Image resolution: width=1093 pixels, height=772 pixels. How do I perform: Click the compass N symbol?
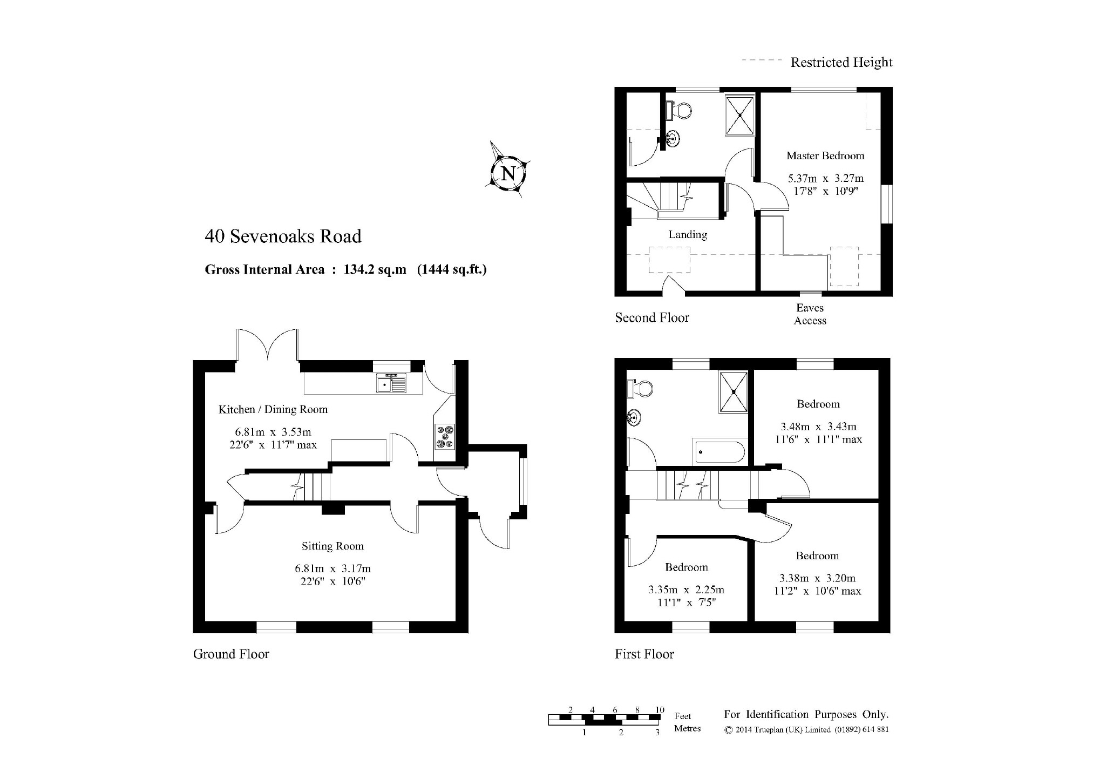pyautogui.click(x=508, y=174)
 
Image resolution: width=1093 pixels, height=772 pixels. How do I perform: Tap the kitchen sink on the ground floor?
pyautogui.click(x=392, y=383)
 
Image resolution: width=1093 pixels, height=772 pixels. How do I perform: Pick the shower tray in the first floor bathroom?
pyautogui.click(x=734, y=392)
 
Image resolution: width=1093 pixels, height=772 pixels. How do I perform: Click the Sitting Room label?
pyautogui.click(x=332, y=546)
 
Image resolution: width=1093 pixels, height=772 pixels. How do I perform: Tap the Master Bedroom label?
pyautogui.click(x=825, y=155)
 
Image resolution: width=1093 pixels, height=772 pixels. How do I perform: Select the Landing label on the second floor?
pyautogui.click(x=688, y=234)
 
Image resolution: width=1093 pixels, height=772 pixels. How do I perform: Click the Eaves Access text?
pyautogui.click(x=810, y=314)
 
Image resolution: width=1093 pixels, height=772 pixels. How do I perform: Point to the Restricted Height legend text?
pyautogui.click(x=841, y=63)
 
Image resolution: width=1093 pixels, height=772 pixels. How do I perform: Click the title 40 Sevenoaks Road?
pyautogui.click(x=283, y=236)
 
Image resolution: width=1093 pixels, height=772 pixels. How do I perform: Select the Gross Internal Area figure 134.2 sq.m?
pyautogui.click(x=375, y=269)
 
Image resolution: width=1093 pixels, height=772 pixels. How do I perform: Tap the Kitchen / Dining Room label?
pyautogui.click(x=273, y=409)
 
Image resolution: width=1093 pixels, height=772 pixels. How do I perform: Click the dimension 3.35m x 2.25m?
pyautogui.click(x=686, y=590)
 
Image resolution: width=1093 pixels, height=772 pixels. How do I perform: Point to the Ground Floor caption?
pyautogui.click(x=231, y=654)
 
